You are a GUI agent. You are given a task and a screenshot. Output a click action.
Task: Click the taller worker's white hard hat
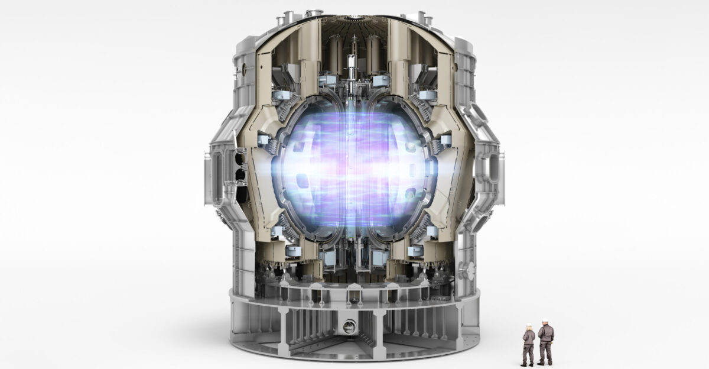[544, 323]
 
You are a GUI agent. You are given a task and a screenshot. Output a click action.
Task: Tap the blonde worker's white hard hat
[529, 326]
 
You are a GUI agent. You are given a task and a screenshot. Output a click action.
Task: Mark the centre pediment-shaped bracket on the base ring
[353, 290]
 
